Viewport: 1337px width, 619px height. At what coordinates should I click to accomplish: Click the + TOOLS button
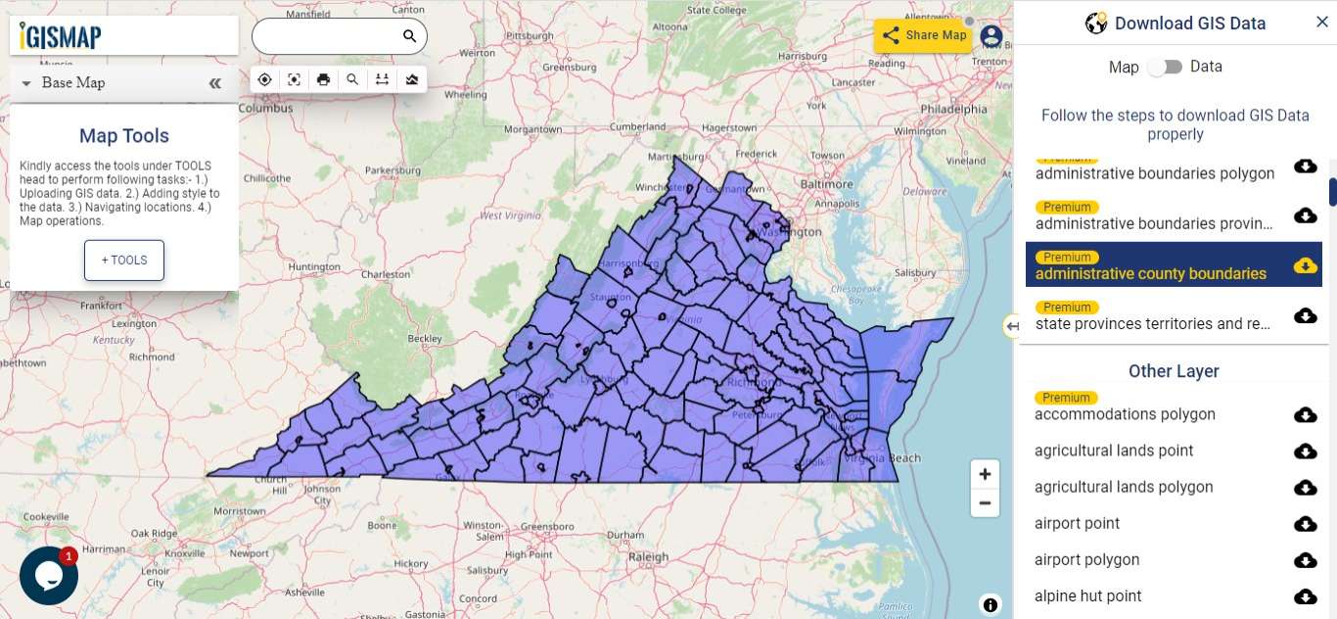(x=124, y=261)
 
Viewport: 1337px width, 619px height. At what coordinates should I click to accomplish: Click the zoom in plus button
(x=985, y=474)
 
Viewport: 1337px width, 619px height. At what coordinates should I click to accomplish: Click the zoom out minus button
(x=985, y=503)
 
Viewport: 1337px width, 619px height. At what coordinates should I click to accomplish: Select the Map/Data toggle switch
(x=1165, y=67)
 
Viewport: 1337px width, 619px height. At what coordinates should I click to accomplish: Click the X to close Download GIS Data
(x=1321, y=23)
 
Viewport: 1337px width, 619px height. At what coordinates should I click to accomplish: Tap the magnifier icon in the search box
(x=409, y=36)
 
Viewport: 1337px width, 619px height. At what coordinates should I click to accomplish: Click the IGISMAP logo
(x=61, y=36)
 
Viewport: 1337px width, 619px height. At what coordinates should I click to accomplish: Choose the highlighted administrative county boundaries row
(x=1150, y=273)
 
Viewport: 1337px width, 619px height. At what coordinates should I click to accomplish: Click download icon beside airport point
(x=1305, y=524)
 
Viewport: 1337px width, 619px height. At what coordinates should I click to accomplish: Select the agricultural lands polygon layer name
(x=1124, y=487)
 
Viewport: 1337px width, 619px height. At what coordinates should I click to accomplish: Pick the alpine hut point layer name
(x=1087, y=595)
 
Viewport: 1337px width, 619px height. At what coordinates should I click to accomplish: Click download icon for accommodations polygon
(x=1305, y=415)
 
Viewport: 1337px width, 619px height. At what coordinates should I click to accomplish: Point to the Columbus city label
(x=265, y=109)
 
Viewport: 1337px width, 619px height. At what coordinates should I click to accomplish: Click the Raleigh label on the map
(x=648, y=556)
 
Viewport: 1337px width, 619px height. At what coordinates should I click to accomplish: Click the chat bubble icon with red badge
(x=49, y=575)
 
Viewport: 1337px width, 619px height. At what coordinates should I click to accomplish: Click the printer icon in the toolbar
(x=324, y=79)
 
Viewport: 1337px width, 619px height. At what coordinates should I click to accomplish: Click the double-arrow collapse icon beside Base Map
(x=215, y=83)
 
